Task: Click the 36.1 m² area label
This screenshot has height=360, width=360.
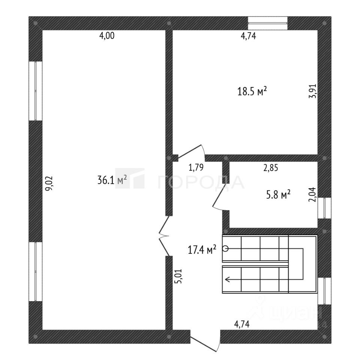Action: (x=112, y=180)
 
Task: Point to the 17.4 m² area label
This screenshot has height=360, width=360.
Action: (x=202, y=249)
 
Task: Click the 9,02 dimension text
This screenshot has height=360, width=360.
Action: (x=49, y=184)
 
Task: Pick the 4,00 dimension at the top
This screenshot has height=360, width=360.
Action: (x=106, y=36)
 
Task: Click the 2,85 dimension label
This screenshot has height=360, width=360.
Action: (x=270, y=168)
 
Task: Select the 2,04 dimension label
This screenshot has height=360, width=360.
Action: (x=312, y=195)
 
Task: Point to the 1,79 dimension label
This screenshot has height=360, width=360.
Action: (x=196, y=168)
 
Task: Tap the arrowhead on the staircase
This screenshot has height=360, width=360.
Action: (x=227, y=279)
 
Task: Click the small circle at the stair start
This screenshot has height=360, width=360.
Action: (x=225, y=248)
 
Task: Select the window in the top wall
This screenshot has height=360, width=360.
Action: (x=268, y=22)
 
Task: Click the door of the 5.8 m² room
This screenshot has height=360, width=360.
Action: (x=220, y=195)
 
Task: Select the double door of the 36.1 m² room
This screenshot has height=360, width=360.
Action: (x=164, y=236)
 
